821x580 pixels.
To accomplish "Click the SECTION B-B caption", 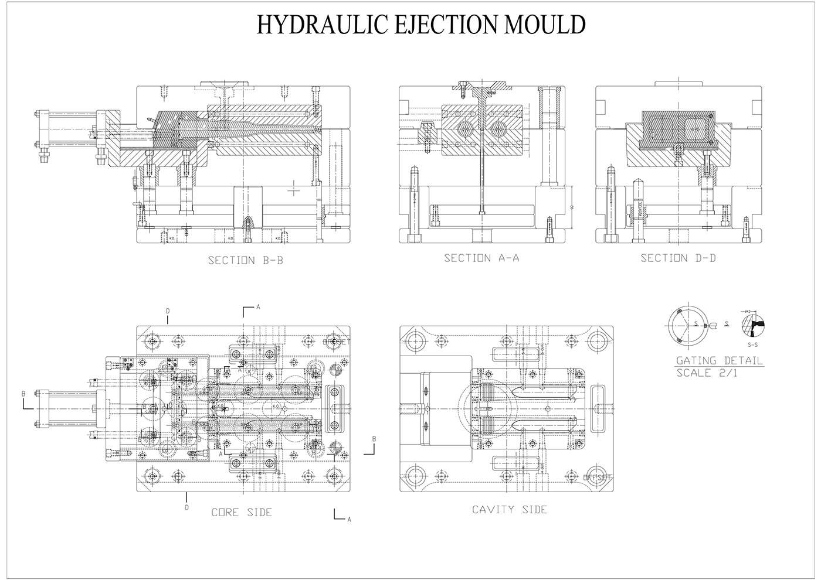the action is click(x=246, y=260).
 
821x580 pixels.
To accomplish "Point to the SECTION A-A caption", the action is click(x=481, y=258).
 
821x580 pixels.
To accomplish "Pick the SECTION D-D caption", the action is click(x=678, y=258).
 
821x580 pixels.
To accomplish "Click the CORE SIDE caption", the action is click(x=242, y=513).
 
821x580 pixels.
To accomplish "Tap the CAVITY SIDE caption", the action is click(x=510, y=510).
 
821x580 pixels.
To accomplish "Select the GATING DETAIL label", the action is click(x=720, y=360).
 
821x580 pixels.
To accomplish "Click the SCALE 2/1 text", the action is click(x=707, y=373).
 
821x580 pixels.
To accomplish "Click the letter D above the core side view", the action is click(x=167, y=310).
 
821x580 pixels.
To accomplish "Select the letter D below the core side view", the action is click(x=187, y=507).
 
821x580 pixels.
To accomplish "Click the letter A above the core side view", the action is click(x=258, y=306).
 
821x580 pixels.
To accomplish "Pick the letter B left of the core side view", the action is click(x=24, y=394).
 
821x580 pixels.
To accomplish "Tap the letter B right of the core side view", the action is click(x=374, y=439).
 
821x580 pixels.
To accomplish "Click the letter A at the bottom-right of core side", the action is click(x=350, y=519).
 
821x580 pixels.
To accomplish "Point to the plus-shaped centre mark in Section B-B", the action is click(x=294, y=191).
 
